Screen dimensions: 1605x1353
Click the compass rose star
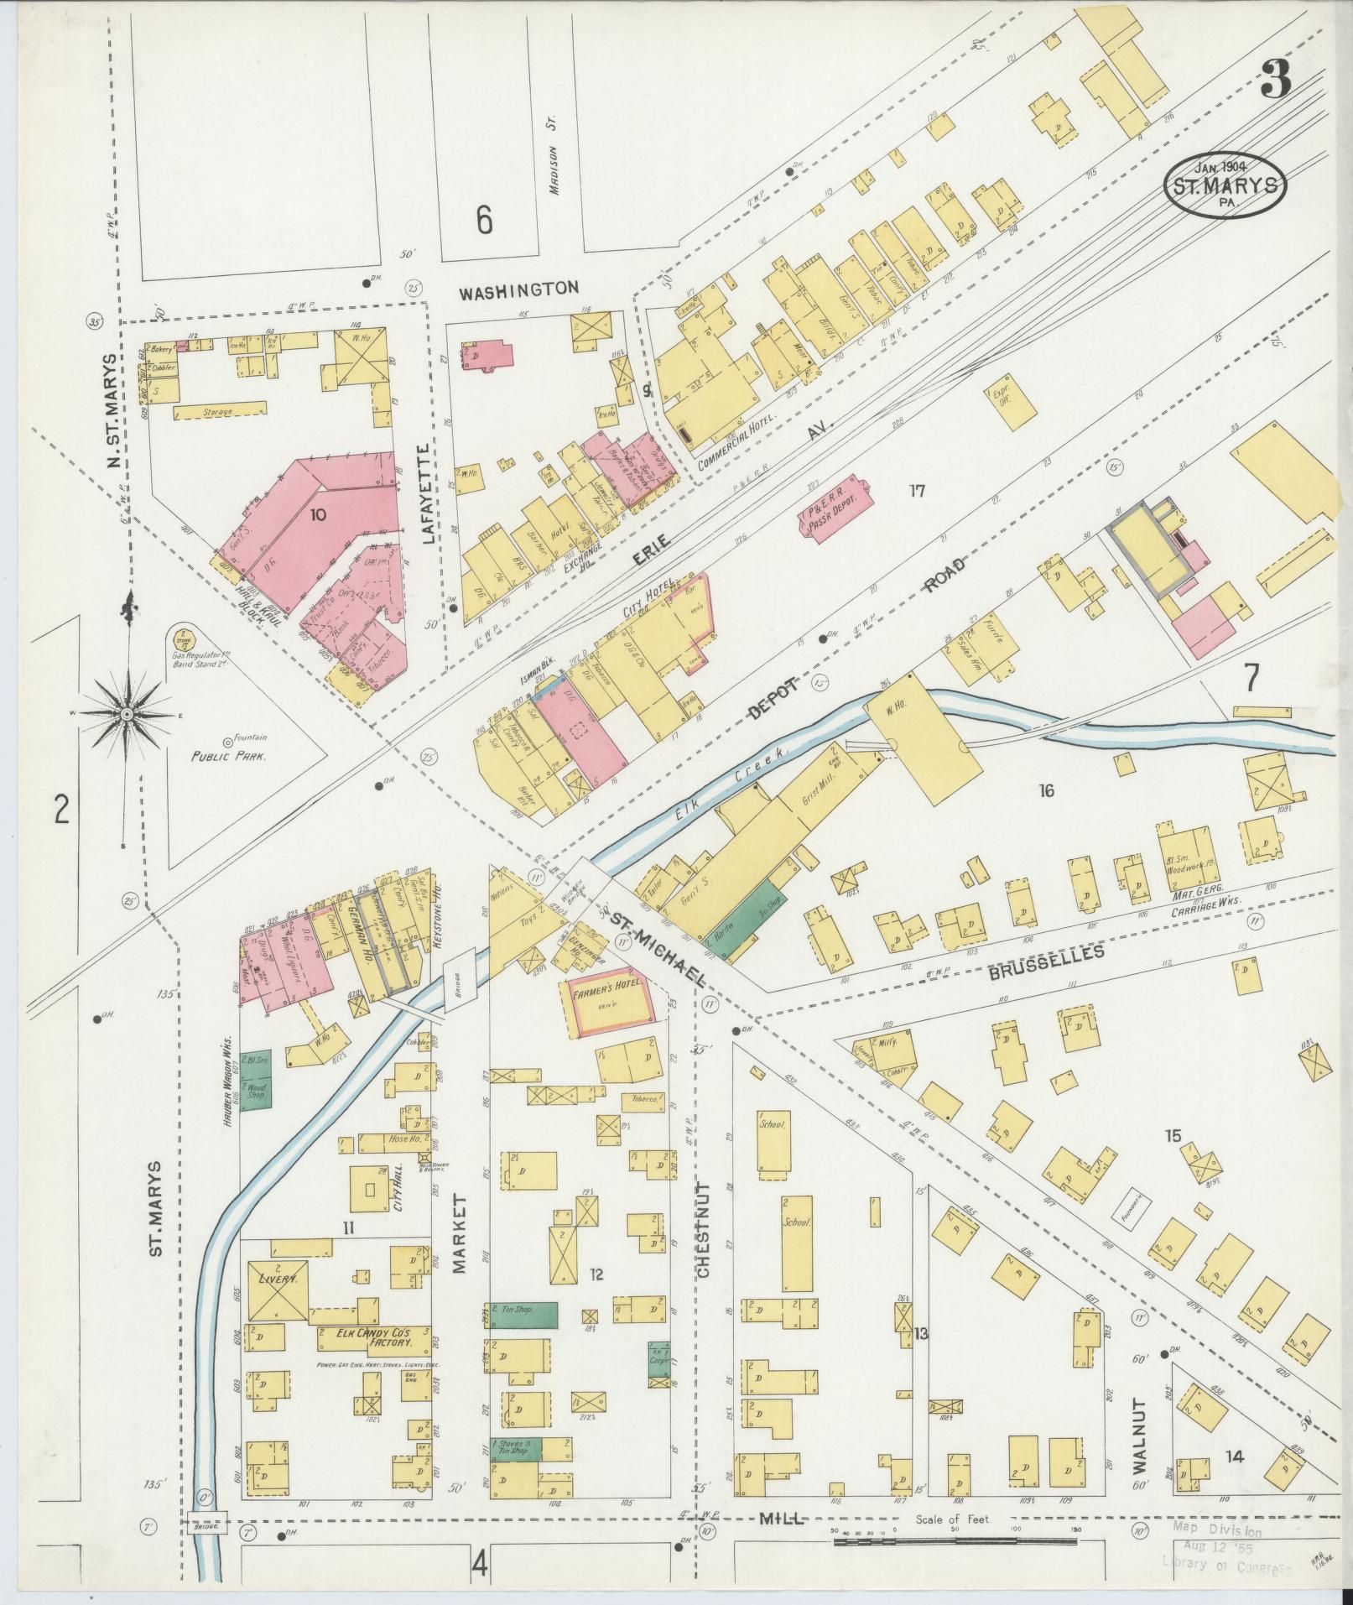tap(126, 714)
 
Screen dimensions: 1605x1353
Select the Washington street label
tap(519, 289)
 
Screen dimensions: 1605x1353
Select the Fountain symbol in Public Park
tap(227, 742)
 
